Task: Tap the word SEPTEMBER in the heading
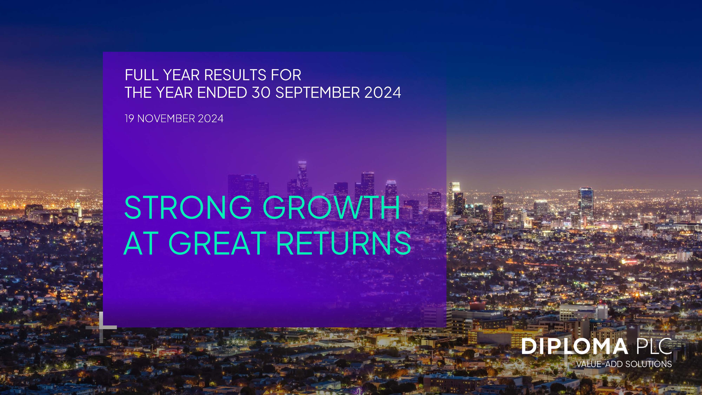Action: (x=318, y=93)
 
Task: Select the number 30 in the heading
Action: (x=261, y=93)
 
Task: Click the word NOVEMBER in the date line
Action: (x=166, y=118)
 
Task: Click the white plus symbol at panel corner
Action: (x=101, y=327)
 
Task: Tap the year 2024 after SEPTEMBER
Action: (x=383, y=93)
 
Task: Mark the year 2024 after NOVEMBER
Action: (x=211, y=118)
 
